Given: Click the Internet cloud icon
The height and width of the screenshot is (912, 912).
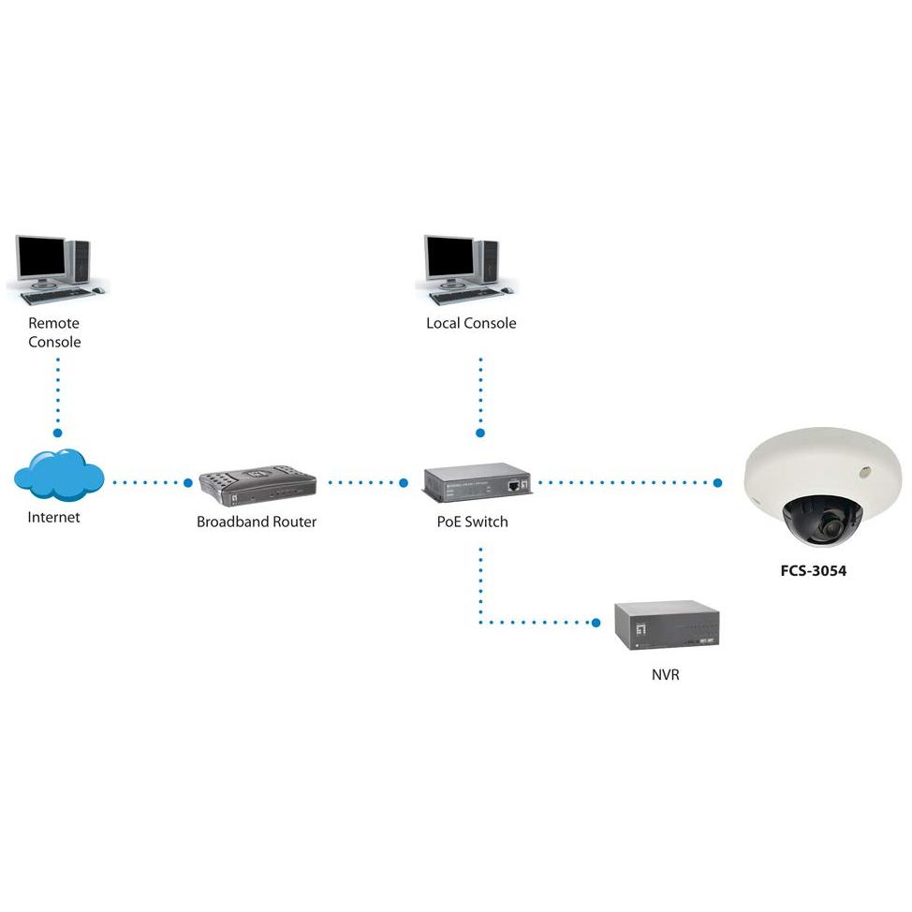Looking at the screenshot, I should [x=58, y=475].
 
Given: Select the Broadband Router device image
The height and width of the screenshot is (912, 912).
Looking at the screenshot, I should [x=257, y=485].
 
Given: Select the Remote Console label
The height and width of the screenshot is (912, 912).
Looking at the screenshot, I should [x=54, y=332].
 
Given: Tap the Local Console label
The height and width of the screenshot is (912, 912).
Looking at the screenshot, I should [x=471, y=323].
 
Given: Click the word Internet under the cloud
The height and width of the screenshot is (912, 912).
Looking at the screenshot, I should [x=53, y=517].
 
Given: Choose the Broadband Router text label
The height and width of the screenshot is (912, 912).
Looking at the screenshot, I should [x=257, y=522].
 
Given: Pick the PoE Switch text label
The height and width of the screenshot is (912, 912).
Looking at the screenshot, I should [x=472, y=522].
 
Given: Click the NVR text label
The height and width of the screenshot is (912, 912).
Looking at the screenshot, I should [x=665, y=674].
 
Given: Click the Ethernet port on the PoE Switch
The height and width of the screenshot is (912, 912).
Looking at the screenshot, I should [x=515, y=486].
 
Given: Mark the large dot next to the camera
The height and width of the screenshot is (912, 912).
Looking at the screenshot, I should [x=717, y=483].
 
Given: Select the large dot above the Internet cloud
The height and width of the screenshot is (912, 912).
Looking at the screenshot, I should [x=57, y=434].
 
